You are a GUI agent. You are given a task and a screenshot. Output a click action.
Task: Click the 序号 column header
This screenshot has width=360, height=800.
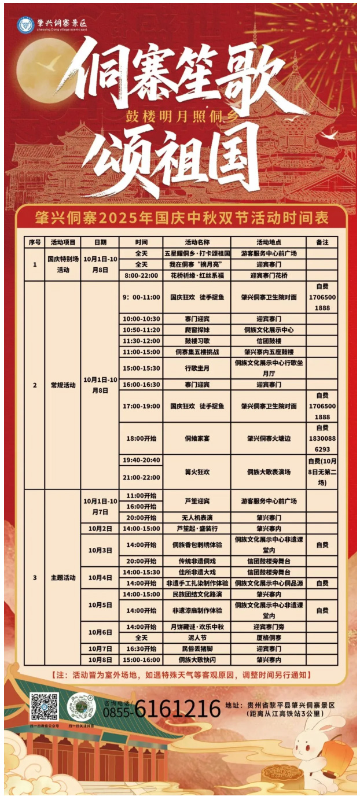(x=34, y=242)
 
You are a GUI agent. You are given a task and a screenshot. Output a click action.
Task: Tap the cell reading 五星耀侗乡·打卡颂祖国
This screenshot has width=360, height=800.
(x=197, y=253)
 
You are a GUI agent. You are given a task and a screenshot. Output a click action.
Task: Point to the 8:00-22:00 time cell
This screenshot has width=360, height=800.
(x=141, y=275)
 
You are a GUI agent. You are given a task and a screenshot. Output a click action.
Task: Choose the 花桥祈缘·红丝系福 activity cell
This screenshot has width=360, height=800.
(x=197, y=275)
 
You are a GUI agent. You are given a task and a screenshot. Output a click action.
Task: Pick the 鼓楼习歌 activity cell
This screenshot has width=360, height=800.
(x=197, y=341)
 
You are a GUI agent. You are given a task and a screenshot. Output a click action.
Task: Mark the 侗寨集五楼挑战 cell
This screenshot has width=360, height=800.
(x=197, y=352)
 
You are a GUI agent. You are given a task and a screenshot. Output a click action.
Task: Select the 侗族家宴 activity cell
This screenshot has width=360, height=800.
(x=197, y=438)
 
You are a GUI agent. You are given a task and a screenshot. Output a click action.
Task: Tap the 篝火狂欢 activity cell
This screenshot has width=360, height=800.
(x=197, y=472)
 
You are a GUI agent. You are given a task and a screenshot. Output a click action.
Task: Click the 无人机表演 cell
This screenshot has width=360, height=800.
(x=197, y=517)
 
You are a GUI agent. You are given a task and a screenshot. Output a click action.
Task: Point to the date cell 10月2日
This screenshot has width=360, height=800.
(x=100, y=529)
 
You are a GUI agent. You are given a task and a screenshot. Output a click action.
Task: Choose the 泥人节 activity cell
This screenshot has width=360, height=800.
(x=197, y=637)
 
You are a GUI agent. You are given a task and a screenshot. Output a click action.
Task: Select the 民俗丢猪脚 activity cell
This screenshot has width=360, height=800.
(x=197, y=648)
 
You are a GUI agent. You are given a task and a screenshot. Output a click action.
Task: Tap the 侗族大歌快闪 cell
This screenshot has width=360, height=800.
(x=197, y=659)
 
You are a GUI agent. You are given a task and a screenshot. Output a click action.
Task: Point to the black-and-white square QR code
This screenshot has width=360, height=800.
(x=44, y=707)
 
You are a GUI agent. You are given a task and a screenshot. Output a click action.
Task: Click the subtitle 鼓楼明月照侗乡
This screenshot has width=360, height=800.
(x=182, y=115)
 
